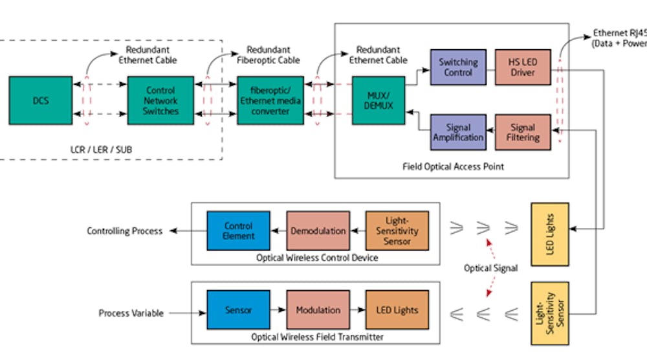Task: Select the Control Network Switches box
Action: pyautogui.click(x=160, y=100)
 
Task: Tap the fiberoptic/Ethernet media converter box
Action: pyautogui.click(x=270, y=100)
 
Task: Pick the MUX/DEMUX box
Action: pyautogui.click(x=378, y=100)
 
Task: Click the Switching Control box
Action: pyautogui.click(x=458, y=67)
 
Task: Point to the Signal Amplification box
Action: pyautogui.click(x=458, y=133)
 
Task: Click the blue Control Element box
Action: pyautogui.click(x=238, y=231)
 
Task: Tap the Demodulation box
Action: pyautogui.click(x=318, y=231)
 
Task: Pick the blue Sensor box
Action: pyautogui.click(x=238, y=310)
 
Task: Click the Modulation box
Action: pyautogui.click(x=318, y=310)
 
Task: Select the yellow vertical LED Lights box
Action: pyautogui.click(x=549, y=234)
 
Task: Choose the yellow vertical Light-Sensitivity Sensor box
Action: pyautogui.click(x=549, y=313)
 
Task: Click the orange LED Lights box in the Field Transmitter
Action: pyautogui.click(x=397, y=310)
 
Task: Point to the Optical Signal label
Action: pyautogui.click(x=490, y=268)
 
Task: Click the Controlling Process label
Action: pyautogui.click(x=125, y=231)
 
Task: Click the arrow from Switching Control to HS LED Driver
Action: pyautogui.click(x=490, y=67)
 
